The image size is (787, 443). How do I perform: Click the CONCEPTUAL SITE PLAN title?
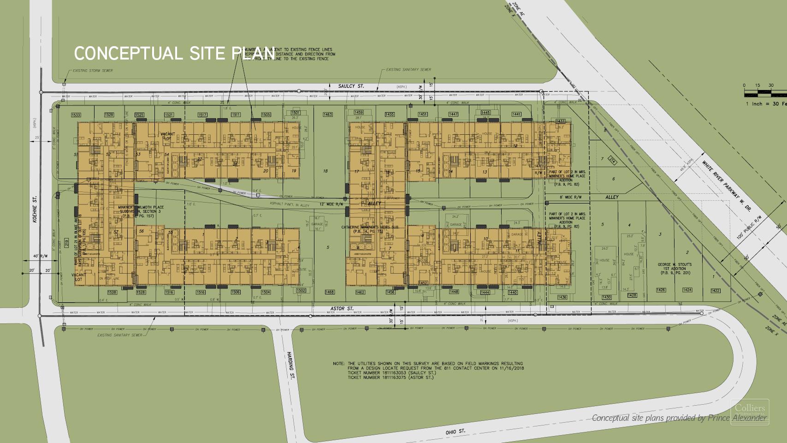(174, 54)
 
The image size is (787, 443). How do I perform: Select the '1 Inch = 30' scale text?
(766, 104)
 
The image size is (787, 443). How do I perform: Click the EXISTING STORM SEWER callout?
(92, 71)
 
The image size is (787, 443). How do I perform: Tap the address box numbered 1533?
(76, 114)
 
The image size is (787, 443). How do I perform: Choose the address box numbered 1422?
(715, 290)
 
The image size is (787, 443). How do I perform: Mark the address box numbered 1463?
(328, 114)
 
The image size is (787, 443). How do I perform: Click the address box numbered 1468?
(329, 292)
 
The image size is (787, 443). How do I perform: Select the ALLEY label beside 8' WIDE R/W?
(612, 197)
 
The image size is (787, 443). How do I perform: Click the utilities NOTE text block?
(429, 371)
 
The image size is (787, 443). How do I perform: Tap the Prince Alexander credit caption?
(680, 418)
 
